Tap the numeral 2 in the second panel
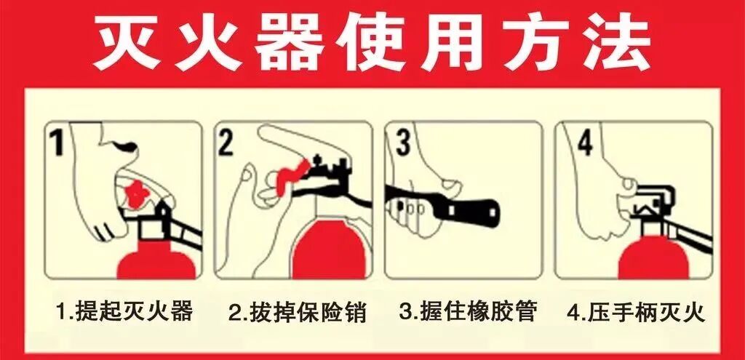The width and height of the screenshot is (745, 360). click(x=227, y=143)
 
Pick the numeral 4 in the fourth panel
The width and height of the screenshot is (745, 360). click(x=584, y=143)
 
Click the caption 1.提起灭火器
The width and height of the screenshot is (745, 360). click(x=124, y=312)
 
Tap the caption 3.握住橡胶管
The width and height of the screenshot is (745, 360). click(x=469, y=312)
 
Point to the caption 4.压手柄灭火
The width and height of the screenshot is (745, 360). click(x=636, y=313)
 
